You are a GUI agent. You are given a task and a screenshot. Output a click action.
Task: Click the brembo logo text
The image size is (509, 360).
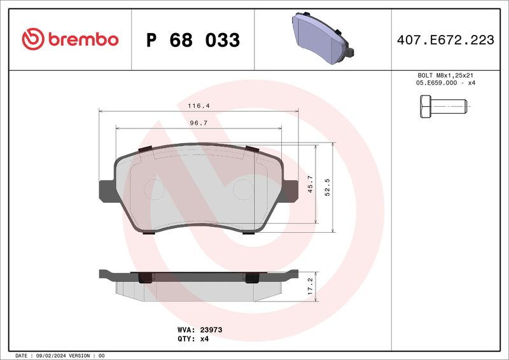pyautogui.click(x=81, y=39)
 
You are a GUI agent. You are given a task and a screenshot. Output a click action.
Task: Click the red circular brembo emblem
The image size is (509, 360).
pyautogui.click(x=31, y=39)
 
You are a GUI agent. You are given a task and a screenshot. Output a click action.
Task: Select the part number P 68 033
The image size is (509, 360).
pyautogui.click(x=193, y=40)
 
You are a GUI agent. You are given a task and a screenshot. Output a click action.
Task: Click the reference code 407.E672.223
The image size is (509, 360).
pyautogui.click(x=445, y=40)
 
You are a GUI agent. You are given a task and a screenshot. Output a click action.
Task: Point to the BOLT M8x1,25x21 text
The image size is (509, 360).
pyautogui.click(x=445, y=76)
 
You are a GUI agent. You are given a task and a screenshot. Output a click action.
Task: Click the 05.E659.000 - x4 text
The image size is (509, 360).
pyautogui.click(x=445, y=83)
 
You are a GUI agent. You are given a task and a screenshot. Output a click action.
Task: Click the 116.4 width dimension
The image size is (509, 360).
pyautogui.click(x=199, y=106)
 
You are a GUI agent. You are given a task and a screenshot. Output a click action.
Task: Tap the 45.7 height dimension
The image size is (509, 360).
pyautogui.click(x=310, y=184)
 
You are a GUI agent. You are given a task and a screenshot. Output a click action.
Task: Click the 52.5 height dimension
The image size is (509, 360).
pyautogui.click(x=328, y=188)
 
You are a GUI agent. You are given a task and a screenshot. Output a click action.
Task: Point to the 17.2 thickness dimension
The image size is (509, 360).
pyautogui.click(x=310, y=284)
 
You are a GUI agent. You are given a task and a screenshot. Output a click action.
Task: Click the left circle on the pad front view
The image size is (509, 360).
pyautogui.click(x=155, y=189)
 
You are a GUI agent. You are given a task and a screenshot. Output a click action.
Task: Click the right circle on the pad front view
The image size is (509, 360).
pyautogui.click(x=243, y=189)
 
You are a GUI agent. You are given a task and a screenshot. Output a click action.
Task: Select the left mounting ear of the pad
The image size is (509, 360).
pyautogui.click(x=106, y=190)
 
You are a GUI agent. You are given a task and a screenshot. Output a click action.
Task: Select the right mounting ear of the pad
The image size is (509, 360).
pyautogui.click(x=291, y=190)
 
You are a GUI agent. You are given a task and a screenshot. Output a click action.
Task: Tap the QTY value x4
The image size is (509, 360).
pyautogui.click(x=204, y=339)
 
